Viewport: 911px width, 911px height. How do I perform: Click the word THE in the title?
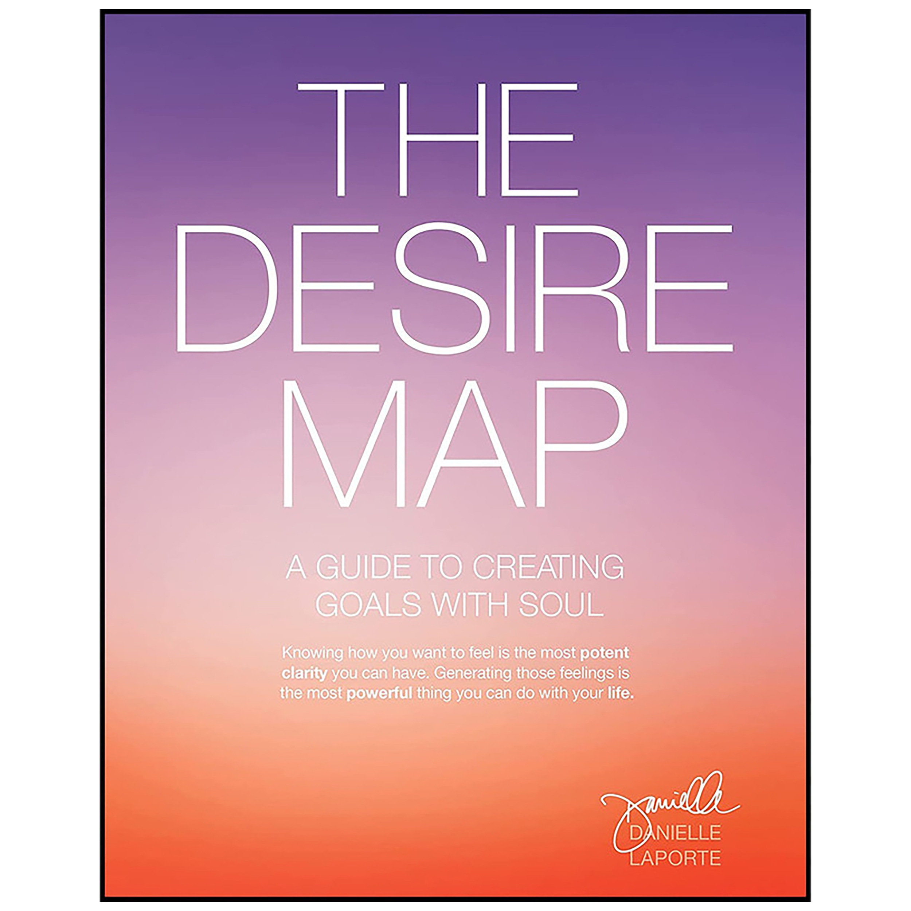[438, 140]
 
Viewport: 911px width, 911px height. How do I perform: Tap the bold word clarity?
[304, 673]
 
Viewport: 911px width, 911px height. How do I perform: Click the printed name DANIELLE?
[675, 833]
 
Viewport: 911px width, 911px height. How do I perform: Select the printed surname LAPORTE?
[675, 858]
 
